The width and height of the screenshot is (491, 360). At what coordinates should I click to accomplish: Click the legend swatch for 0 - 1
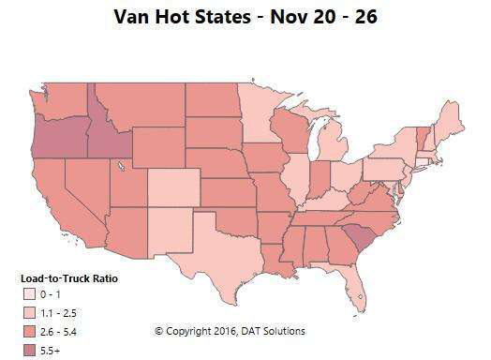click(30, 294)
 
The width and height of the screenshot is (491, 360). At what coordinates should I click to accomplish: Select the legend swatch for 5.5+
click(30, 348)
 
